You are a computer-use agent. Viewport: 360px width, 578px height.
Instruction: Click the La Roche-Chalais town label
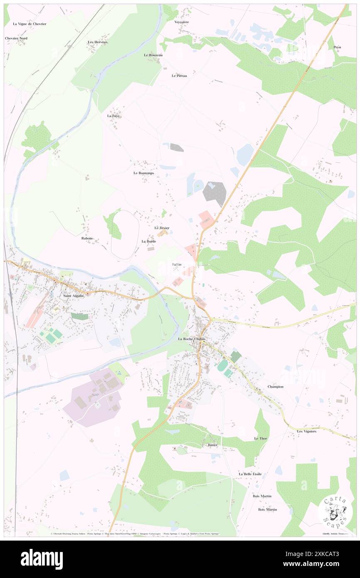pyautogui.click(x=192, y=339)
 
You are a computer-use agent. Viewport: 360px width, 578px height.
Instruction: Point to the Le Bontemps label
pyautogui.click(x=143, y=173)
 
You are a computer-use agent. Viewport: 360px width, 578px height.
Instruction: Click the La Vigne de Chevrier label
pyautogui.click(x=30, y=24)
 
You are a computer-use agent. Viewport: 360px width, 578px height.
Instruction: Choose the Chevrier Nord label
pyautogui.click(x=16, y=38)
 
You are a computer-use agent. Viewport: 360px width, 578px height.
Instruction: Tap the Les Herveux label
pyautogui.click(x=98, y=42)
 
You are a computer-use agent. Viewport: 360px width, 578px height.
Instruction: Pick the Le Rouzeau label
pyautogui.click(x=153, y=55)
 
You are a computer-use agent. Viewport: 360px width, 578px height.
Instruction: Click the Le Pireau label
pyautogui.click(x=179, y=76)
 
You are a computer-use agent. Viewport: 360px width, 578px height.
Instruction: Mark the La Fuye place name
pyautogui.click(x=113, y=116)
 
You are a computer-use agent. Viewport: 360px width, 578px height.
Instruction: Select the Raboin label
pyautogui.click(x=87, y=238)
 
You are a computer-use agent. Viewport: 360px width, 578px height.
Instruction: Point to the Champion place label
pyautogui.click(x=276, y=386)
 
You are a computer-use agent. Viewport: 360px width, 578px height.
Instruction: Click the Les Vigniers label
pyautogui.click(x=307, y=431)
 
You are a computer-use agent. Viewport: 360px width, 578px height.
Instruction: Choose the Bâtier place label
pyautogui.click(x=213, y=445)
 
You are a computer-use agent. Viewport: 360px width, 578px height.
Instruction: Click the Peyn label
pyautogui.click(x=337, y=47)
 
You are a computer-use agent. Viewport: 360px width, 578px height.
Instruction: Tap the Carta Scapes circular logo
pyautogui.click(x=335, y=510)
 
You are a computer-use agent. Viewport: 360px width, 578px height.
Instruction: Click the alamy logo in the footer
pyautogui.click(x=42, y=559)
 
